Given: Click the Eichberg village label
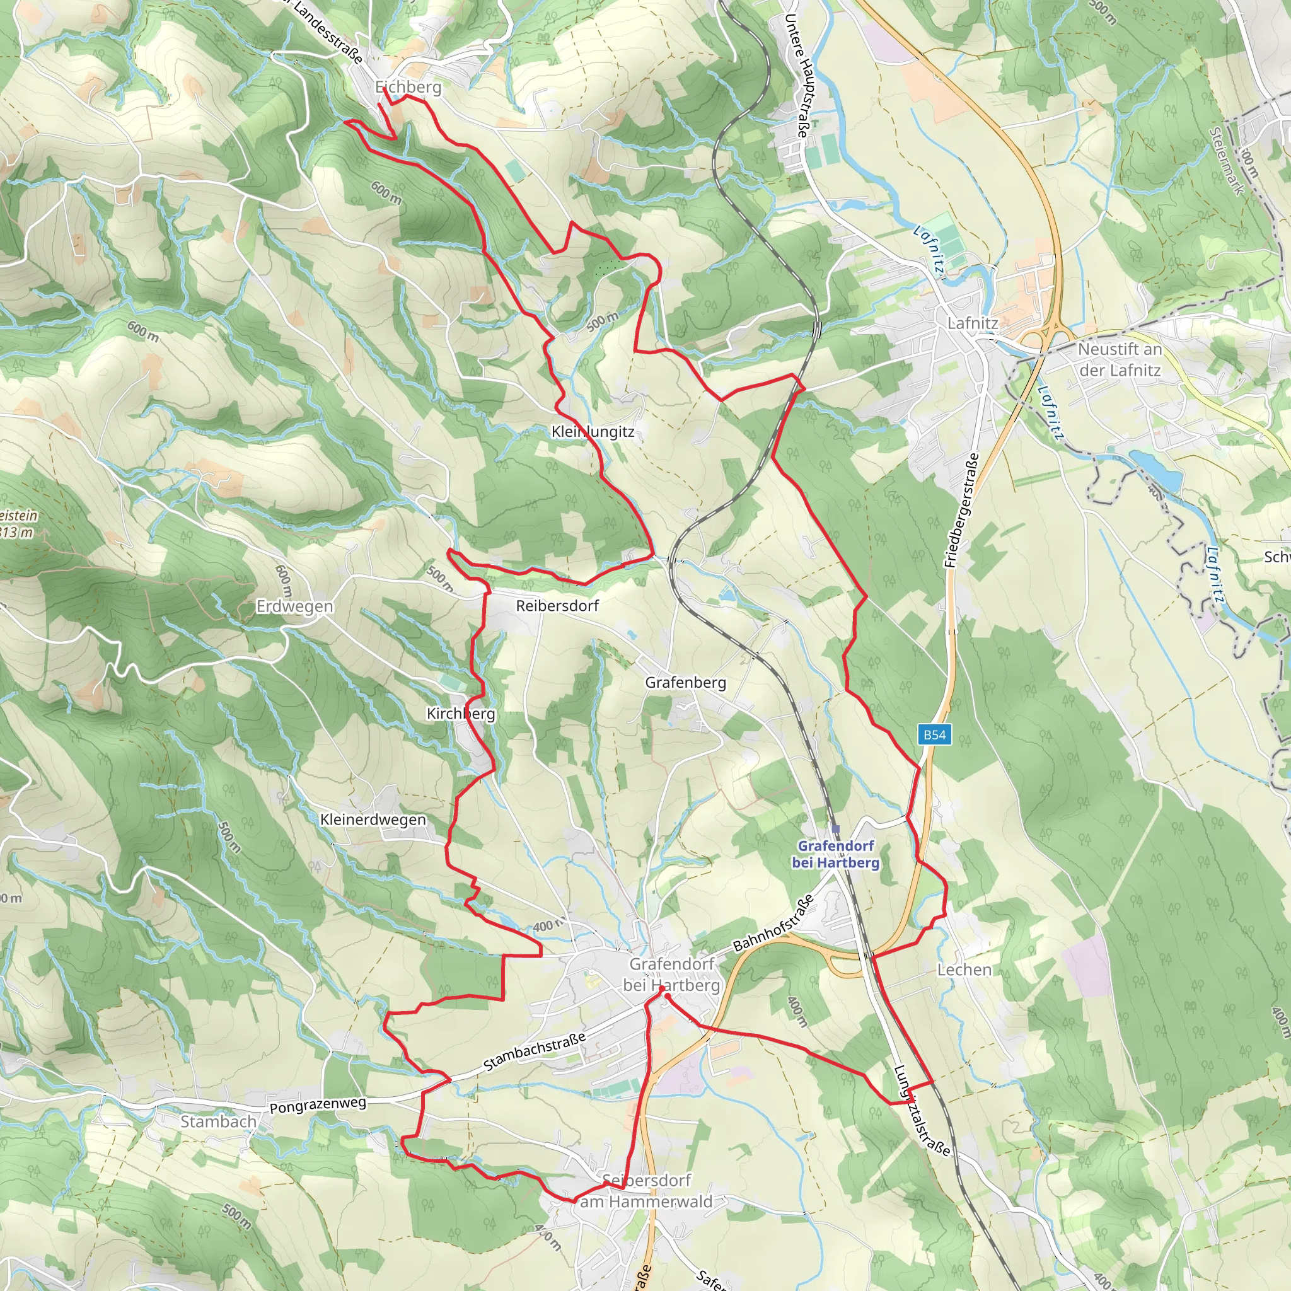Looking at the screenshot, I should coord(408,87).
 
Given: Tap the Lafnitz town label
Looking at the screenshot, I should coord(972,323).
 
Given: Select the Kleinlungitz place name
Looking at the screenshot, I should coord(593,432).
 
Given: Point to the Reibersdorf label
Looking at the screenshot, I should coord(557,605).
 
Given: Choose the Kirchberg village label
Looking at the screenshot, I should coord(461,714).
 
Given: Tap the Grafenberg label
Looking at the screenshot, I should coord(685,682).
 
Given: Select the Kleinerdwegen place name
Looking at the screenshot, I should coord(373,819).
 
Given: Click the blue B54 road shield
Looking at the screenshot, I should coord(934,735).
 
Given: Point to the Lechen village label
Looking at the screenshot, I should coord(964,970).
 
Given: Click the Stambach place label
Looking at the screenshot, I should coord(219,1122).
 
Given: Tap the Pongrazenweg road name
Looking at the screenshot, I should coord(318,1105).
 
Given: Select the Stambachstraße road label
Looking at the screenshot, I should coord(535,1052).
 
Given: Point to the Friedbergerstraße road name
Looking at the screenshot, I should coord(962,511).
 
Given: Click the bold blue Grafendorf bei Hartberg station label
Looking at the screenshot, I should coord(835,854).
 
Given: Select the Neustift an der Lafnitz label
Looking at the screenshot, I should coord(1120,359).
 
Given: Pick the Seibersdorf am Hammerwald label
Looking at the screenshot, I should coord(645,1191).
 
